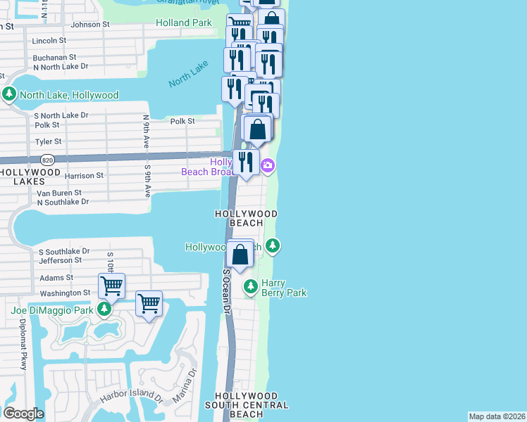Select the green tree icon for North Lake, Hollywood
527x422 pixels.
pos(9,94)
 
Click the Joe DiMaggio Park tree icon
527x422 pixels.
pos(104,309)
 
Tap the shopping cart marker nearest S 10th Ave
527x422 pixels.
pos(111,286)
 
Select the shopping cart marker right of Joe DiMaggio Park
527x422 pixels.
pos(149,304)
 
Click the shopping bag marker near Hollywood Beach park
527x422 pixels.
pos(240,254)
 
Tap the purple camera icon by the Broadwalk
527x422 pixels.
pos(267,166)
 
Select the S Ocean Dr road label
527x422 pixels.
pos(227,288)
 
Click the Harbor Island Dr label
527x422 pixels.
pos(131,397)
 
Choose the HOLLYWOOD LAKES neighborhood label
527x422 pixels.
pos(30,177)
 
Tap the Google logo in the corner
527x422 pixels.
pos(23,413)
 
